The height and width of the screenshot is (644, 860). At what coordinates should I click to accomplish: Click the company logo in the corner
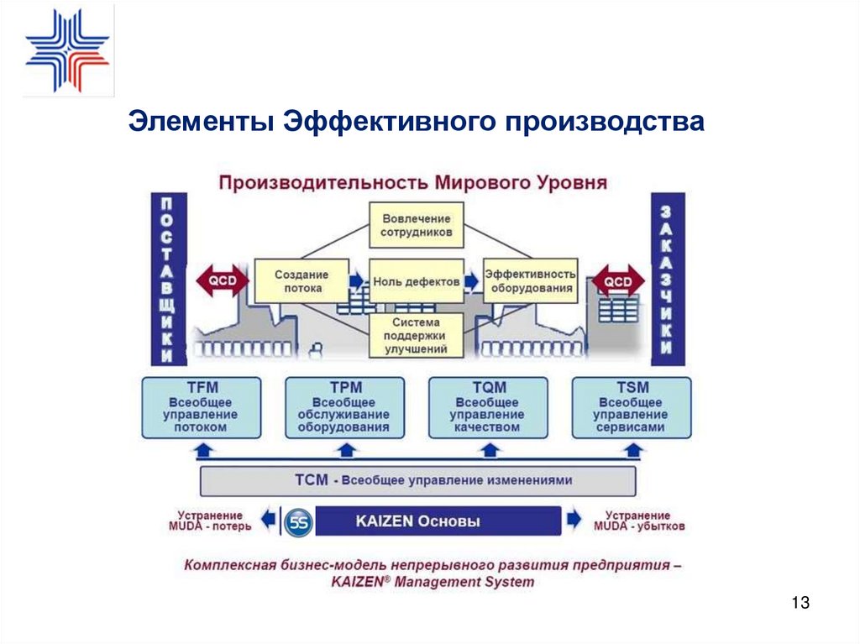(x=67, y=50)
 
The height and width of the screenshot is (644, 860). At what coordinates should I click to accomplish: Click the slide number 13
(x=800, y=603)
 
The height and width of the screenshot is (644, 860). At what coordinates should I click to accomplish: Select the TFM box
(x=201, y=407)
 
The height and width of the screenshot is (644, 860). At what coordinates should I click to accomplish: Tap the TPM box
(x=344, y=407)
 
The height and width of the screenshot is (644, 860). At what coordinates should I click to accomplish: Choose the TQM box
(x=487, y=407)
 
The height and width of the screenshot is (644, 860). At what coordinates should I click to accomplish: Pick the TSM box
(x=631, y=407)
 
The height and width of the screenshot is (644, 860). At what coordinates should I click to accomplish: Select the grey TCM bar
(x=417, y=481)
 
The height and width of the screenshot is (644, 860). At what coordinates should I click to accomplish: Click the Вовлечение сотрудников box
(x=417, y=225)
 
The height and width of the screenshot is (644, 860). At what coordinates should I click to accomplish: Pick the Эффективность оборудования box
(x=531, y=281)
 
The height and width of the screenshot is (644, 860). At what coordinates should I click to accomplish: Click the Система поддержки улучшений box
(x=417, y=335)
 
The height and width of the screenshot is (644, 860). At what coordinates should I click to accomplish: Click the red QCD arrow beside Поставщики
(x=223, y=281)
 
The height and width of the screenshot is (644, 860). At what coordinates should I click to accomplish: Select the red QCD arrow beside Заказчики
(x=619, y=281)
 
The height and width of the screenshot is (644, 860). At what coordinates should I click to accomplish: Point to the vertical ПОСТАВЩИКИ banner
(x=168, y=279)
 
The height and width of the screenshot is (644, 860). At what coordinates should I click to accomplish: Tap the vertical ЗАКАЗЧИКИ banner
(x=668, y=279)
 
